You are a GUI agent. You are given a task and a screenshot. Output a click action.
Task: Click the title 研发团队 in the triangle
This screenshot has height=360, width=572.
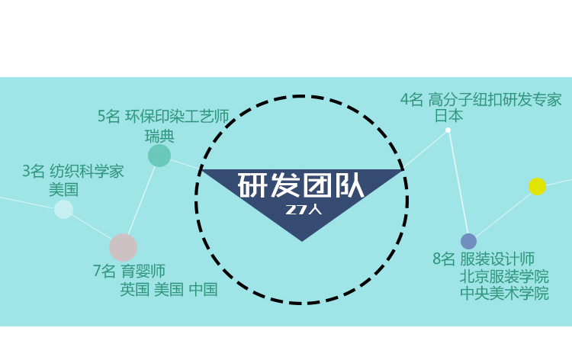point(301,185)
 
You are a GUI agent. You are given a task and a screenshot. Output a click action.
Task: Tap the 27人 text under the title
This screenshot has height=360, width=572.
point(304,209)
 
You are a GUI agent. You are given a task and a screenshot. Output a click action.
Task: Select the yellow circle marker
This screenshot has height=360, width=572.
point(538,186)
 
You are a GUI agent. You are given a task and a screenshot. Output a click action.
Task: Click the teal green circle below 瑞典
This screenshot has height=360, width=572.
point(159,156)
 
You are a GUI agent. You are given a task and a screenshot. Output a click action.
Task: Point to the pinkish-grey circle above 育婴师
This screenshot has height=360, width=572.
point(123,248)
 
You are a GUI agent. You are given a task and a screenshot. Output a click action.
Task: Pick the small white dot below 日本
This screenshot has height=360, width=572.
point(448,130)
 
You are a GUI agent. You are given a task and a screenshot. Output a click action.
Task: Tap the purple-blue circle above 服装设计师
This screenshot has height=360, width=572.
point(468,242)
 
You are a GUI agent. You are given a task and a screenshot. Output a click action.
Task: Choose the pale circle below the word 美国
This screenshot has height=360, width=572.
point(63,209)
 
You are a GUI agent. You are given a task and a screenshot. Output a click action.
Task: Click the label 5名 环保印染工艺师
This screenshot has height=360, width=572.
point(163,116)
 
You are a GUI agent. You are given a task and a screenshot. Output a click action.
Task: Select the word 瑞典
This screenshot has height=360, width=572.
point(159,137)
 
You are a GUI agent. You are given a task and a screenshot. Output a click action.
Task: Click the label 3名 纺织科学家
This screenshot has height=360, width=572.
point(72,171)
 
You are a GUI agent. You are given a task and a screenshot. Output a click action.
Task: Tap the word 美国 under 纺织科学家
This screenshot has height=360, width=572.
point(63,189)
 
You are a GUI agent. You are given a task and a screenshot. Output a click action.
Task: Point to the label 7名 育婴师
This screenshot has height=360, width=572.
point(129,271)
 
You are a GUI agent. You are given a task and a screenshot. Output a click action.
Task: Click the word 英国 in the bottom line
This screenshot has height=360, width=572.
point(134,290)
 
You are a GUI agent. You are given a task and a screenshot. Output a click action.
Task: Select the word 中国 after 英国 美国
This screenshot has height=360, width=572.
point(203,290)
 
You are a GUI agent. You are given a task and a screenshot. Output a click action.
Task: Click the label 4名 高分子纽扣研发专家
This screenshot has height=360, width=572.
point(480,99)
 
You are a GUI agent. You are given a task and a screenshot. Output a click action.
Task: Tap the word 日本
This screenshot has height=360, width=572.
point(448,116)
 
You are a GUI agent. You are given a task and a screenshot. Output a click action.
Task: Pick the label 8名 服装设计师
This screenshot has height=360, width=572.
point(484,259)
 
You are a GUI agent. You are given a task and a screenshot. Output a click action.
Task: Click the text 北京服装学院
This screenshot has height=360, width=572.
point(504,276)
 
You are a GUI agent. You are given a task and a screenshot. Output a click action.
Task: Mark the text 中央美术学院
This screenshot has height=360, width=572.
point(504,294)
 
